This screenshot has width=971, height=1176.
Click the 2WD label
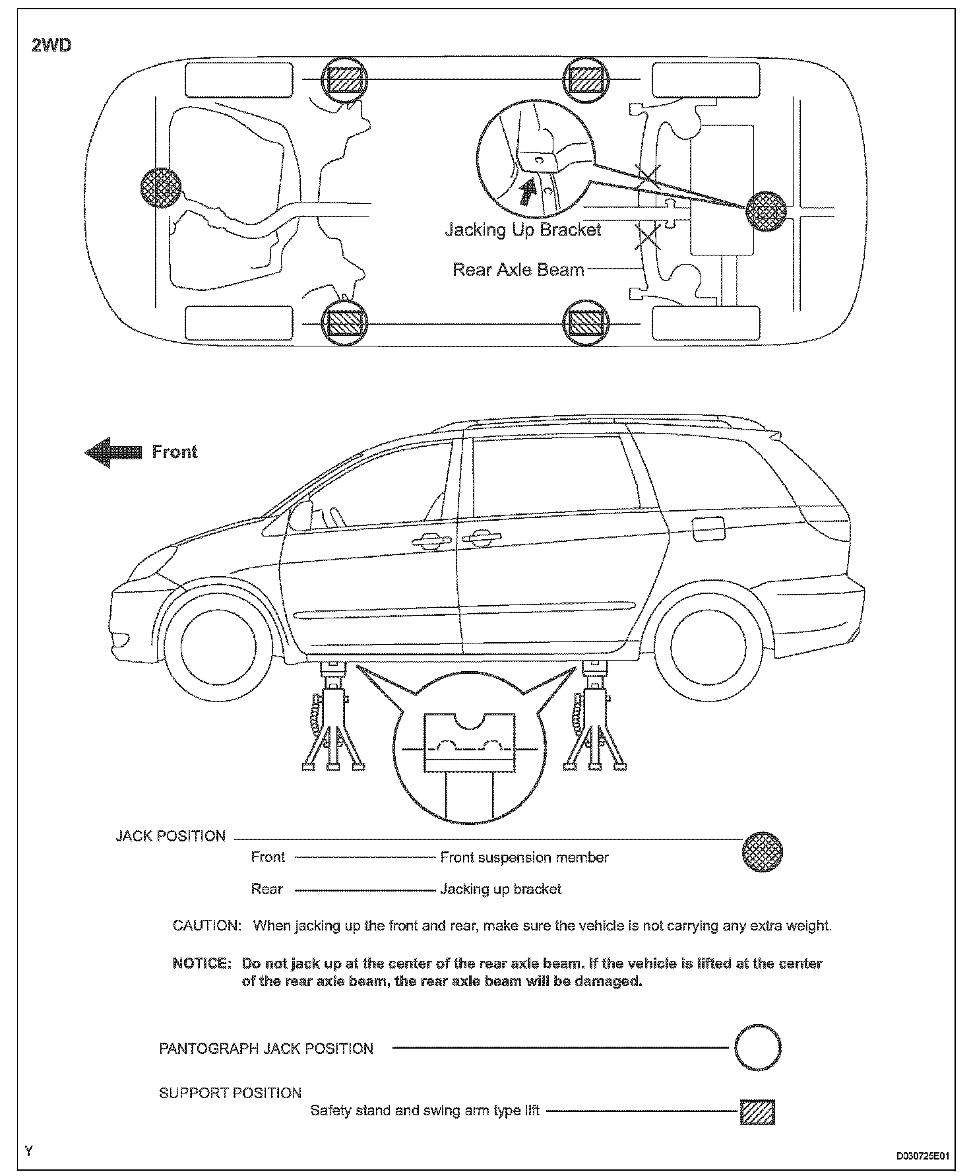pyautogui.click(x=51, y=46)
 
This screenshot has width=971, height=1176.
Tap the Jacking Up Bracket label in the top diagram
pyautogui.click(x=522, y=230)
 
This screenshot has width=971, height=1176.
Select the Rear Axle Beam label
pyautogui.click(x=518, y=269)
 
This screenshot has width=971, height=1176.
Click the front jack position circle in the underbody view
pyautogui.click(x=161, y=187)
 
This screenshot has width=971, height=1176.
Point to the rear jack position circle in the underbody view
pyautogui.click(x=766, y=212)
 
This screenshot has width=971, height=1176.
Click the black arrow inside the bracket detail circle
pyautogui.click(x=527, y=192)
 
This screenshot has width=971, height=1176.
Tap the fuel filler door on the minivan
pyautogui.click(x=708, y=528)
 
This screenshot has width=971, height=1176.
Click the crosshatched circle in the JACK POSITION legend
pyautogui.click(x=763, y=851)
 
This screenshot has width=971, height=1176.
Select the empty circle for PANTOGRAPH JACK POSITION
pyautogui.click(x=758, y=1047)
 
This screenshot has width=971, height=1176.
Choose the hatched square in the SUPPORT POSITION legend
pyautogui.click(x=757, y=1112)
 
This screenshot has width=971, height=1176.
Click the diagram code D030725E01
pyautogui.click(x=922, y=1156)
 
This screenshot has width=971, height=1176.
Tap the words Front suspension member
pyautogui.click(x=524, y=857)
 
